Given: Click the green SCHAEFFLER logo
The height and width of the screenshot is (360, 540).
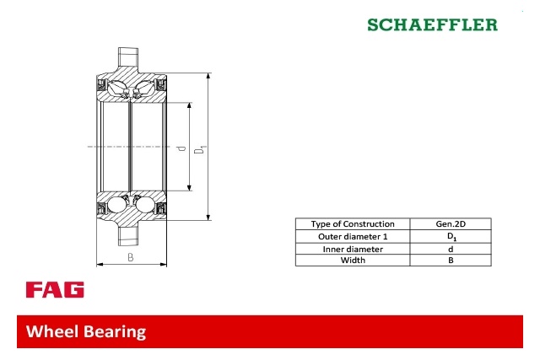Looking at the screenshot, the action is point(432,24).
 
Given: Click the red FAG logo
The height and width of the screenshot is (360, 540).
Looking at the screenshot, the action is point(55,289).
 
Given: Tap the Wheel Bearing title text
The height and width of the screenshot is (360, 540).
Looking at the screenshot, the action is point(86,331).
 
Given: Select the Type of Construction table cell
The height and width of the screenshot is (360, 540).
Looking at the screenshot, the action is point(353,224).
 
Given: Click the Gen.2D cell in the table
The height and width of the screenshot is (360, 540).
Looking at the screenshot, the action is point(451,224).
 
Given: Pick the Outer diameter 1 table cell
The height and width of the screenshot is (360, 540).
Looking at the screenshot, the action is point(353,236).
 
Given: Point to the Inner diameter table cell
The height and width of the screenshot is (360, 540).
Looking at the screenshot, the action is point(353,249).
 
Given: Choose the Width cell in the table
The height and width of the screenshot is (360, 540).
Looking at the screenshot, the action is point(353,261).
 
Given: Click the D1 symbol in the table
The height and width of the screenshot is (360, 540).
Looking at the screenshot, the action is point(452,236).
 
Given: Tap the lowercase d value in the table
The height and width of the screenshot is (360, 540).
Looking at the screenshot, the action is point(451,250).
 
